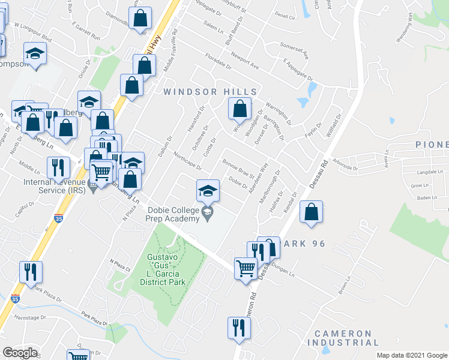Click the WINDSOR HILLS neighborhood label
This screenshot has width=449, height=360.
[210, 92]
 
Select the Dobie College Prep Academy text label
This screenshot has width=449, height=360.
[173, 214]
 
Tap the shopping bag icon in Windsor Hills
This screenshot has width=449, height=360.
[240, 109]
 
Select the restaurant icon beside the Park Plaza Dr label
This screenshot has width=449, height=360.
[30, 272]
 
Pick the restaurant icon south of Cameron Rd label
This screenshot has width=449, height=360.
[238, 328]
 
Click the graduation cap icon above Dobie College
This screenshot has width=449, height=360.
[208, 191]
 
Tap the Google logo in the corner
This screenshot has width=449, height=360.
[20, 352]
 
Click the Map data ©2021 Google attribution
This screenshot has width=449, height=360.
[412, 355]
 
